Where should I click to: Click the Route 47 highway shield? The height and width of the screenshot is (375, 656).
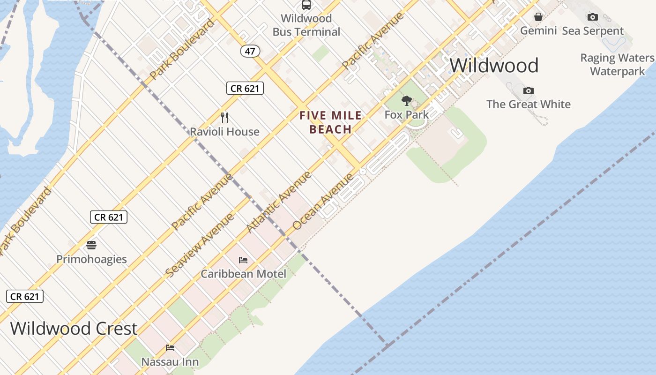[250, 51]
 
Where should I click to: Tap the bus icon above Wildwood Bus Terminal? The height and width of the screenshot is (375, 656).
[306, 5]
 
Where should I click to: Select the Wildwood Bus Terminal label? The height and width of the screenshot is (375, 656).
[306, 25]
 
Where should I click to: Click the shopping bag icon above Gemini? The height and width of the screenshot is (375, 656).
[538, 17]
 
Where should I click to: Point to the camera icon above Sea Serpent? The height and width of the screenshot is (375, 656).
[593, 17]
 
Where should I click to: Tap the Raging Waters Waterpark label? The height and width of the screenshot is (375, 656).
[617, 65]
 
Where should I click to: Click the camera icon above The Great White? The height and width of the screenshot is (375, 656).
[529, 90]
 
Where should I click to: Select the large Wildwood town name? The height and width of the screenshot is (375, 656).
[494, 66]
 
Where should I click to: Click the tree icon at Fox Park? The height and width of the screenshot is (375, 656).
[406, 100]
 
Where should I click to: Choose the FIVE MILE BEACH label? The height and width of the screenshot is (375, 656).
[331, 122]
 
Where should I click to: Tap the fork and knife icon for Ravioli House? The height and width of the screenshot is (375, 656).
[224, 117]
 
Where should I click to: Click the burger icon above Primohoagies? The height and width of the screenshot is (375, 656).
[91, 245]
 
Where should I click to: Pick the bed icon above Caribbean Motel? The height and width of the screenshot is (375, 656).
[243, 260]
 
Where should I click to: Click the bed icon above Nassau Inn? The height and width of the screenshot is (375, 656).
[170, 348]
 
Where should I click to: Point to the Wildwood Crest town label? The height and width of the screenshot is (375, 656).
[74, 329]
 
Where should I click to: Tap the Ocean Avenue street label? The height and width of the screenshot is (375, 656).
[323, 202]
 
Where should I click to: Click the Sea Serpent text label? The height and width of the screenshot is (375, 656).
[593, 31]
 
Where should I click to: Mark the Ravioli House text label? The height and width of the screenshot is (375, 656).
[224, 132]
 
